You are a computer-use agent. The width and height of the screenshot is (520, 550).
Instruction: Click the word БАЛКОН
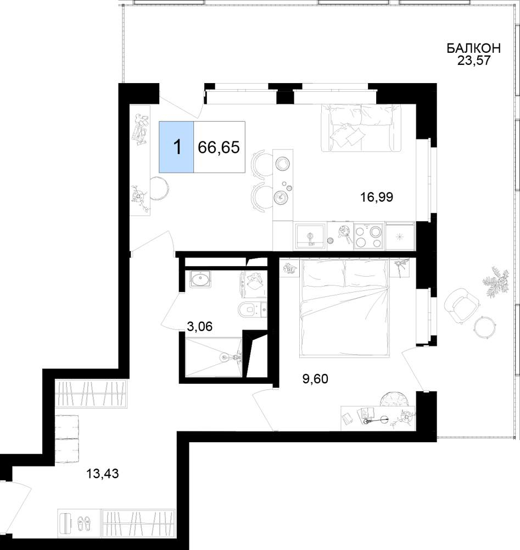(x=473, y=48)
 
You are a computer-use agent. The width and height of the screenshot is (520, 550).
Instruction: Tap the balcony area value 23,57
(x=473, y=61)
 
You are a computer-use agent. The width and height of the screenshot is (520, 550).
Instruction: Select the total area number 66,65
(x=219, y=147)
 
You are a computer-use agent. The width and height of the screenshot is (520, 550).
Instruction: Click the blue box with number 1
(x=176, y=147)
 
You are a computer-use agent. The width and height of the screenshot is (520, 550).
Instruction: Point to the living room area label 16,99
(x=377, y=197)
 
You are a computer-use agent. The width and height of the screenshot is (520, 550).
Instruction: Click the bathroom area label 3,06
(x=199, y=327)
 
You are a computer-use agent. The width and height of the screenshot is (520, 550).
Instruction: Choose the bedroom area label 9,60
(x=315, y=379)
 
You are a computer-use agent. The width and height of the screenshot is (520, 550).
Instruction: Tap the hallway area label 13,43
(x=103, y=474)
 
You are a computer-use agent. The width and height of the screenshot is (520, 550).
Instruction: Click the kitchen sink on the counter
(x=310, y=236)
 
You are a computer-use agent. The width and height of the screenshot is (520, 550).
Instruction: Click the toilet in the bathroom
(x=252, y=309)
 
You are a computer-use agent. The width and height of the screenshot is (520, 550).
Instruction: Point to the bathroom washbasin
(x=200, y=279)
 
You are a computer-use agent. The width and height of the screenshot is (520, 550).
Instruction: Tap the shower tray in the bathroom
(x=213, y=358)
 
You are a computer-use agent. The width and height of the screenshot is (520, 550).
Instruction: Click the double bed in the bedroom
(x=345, y=307)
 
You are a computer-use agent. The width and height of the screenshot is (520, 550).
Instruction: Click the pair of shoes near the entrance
(x=83, y=522)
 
